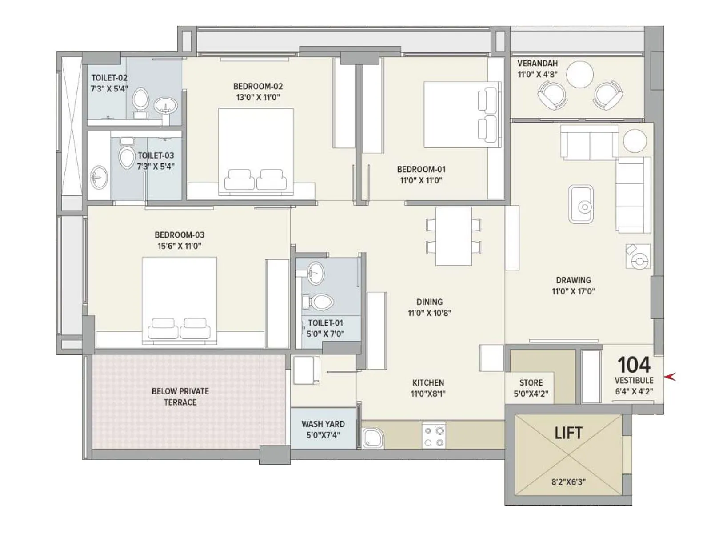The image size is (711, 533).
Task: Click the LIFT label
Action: (568, 433)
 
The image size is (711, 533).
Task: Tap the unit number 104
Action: (634, 365)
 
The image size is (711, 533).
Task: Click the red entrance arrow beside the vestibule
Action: (670, 377)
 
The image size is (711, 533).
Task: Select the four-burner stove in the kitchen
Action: (434, 436)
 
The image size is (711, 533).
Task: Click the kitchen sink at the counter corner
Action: (372, 438)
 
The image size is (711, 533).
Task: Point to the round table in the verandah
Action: (579, 75)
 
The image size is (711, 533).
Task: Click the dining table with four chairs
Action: (453, 236)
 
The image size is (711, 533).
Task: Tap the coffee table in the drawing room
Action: (581, 204)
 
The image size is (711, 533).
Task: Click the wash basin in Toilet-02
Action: (165, 106)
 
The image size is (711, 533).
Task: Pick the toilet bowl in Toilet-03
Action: (127, 157)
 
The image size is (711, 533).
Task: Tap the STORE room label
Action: (531, 382)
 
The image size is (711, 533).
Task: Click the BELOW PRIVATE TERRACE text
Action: (180, 397)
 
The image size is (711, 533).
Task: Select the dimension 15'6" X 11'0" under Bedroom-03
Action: (180, 246)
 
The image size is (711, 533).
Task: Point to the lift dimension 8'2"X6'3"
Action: (568, 481)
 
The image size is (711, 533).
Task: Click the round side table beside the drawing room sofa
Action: (635, 141)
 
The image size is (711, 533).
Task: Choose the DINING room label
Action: (429, 302)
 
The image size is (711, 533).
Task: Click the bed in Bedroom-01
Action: (460, 114)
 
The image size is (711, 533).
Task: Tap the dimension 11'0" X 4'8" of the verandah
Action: (537, 75)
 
